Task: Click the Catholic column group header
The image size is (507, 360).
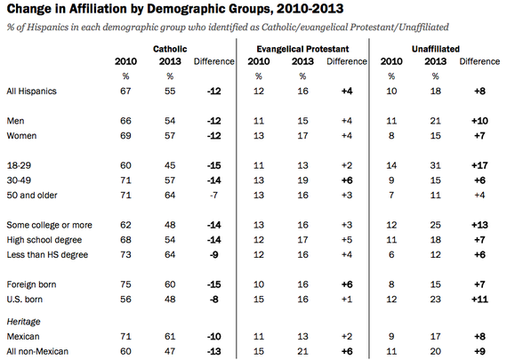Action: [170, 49]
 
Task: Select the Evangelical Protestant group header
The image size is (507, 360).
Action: [302, 49]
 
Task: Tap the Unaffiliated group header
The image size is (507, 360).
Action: [436, 49]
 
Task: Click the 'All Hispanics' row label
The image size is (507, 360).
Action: [31, 92]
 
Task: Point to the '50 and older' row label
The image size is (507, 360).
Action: [32, 196]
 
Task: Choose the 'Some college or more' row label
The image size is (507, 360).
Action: [49, 225]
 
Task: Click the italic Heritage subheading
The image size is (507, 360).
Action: [23, 322]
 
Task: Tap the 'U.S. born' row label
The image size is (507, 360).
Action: [25, 300]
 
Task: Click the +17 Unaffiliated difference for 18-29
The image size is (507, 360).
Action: [479, 165]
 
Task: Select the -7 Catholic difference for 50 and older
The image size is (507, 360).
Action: [213, 196]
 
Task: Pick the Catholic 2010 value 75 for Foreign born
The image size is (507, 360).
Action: [125, 284]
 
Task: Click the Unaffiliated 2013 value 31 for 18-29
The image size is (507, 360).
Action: [435, 165]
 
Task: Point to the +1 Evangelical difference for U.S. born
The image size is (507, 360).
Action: [347, 300]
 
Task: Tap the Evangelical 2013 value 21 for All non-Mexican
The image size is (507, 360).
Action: [302, 351]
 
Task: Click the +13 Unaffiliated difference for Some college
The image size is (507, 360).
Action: [479, 225]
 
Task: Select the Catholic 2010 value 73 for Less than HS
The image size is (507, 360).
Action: [125, 254]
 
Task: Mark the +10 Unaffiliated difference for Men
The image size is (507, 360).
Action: [479, 121]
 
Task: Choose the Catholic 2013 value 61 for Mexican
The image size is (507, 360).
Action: [170, 336]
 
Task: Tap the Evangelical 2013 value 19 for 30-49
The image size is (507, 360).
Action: [302, 180]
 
